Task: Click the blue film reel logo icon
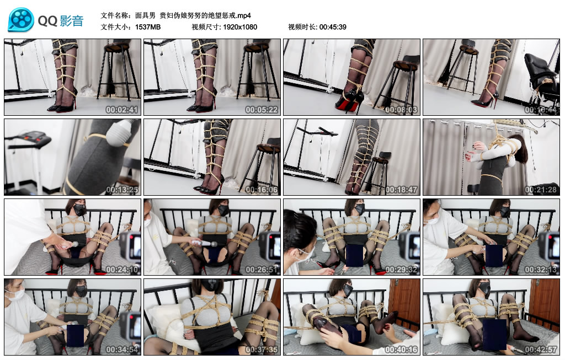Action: coord(21,20)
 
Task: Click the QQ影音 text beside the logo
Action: coord(61,21)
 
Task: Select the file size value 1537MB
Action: coord(148,27)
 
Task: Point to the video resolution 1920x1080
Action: coord(240,27)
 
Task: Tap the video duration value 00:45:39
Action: coord(333,27)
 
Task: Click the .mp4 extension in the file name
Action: coord(244,15)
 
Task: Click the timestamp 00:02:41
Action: coord(122,110)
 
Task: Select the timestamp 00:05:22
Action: coord(262,110)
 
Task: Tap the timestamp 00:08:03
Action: coord(401,110)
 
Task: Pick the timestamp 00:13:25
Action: coord(122,189)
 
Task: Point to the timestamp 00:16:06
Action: coord(262,189)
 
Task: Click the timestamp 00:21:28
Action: coord(541,189)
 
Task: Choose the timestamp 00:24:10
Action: coord(122,269)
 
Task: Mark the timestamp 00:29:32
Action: coord(401,269)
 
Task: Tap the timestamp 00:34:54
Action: coord(122,349)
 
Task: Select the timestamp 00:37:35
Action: coord(262,349)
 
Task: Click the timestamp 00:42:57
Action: coord(541,349)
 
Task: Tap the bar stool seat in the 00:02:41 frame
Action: coord(117,47)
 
